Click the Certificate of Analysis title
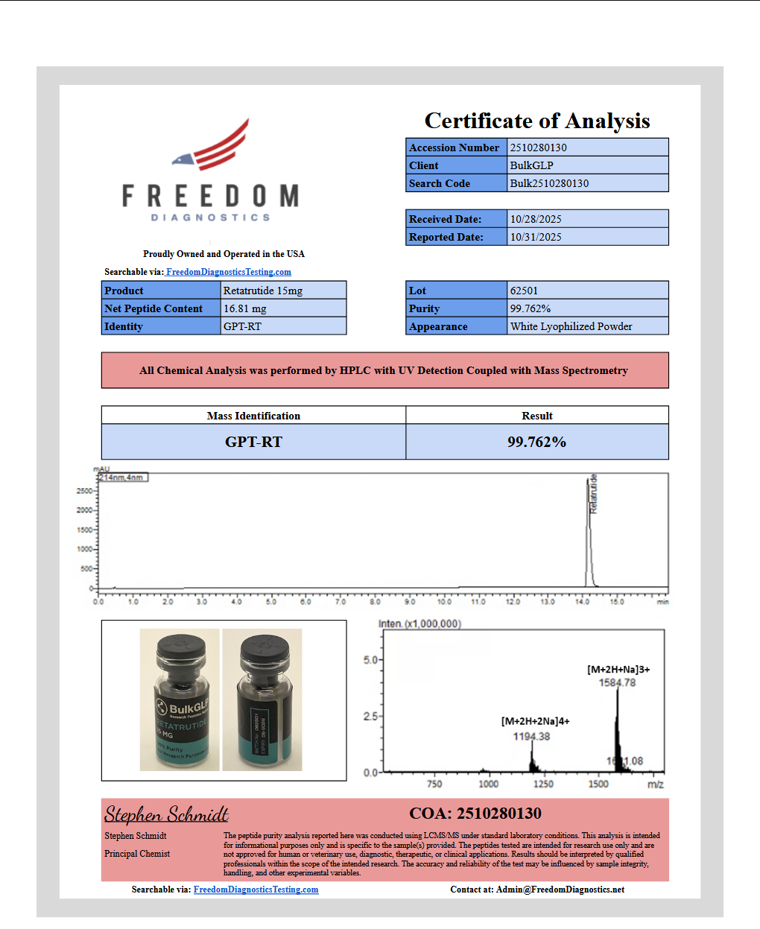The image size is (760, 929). tap(536, 121)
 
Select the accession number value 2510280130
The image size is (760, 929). tap(538, 148)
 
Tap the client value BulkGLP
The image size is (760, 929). tap(531, 165)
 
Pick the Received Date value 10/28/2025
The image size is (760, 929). tap(536, 219)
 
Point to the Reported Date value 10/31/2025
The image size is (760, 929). tap(536, 237)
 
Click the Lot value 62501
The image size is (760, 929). tap(524, 291)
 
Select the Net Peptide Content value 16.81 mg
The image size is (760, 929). tap(245, 308)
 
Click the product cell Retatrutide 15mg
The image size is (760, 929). tap(263, 291)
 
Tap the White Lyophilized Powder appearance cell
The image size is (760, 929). tap(571, 326)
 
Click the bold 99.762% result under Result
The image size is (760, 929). tap(536, 442)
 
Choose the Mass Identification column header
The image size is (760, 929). tap(253, 416)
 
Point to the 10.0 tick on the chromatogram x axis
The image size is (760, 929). tap(444, 601)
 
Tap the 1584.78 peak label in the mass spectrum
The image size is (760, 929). tap(617, 682)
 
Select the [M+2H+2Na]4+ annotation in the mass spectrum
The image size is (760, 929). tap(535, 721)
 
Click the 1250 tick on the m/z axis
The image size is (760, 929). tap(543, 784)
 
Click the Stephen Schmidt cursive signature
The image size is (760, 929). tap(166, 814)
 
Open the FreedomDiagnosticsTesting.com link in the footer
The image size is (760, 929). tap(256, 890)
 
